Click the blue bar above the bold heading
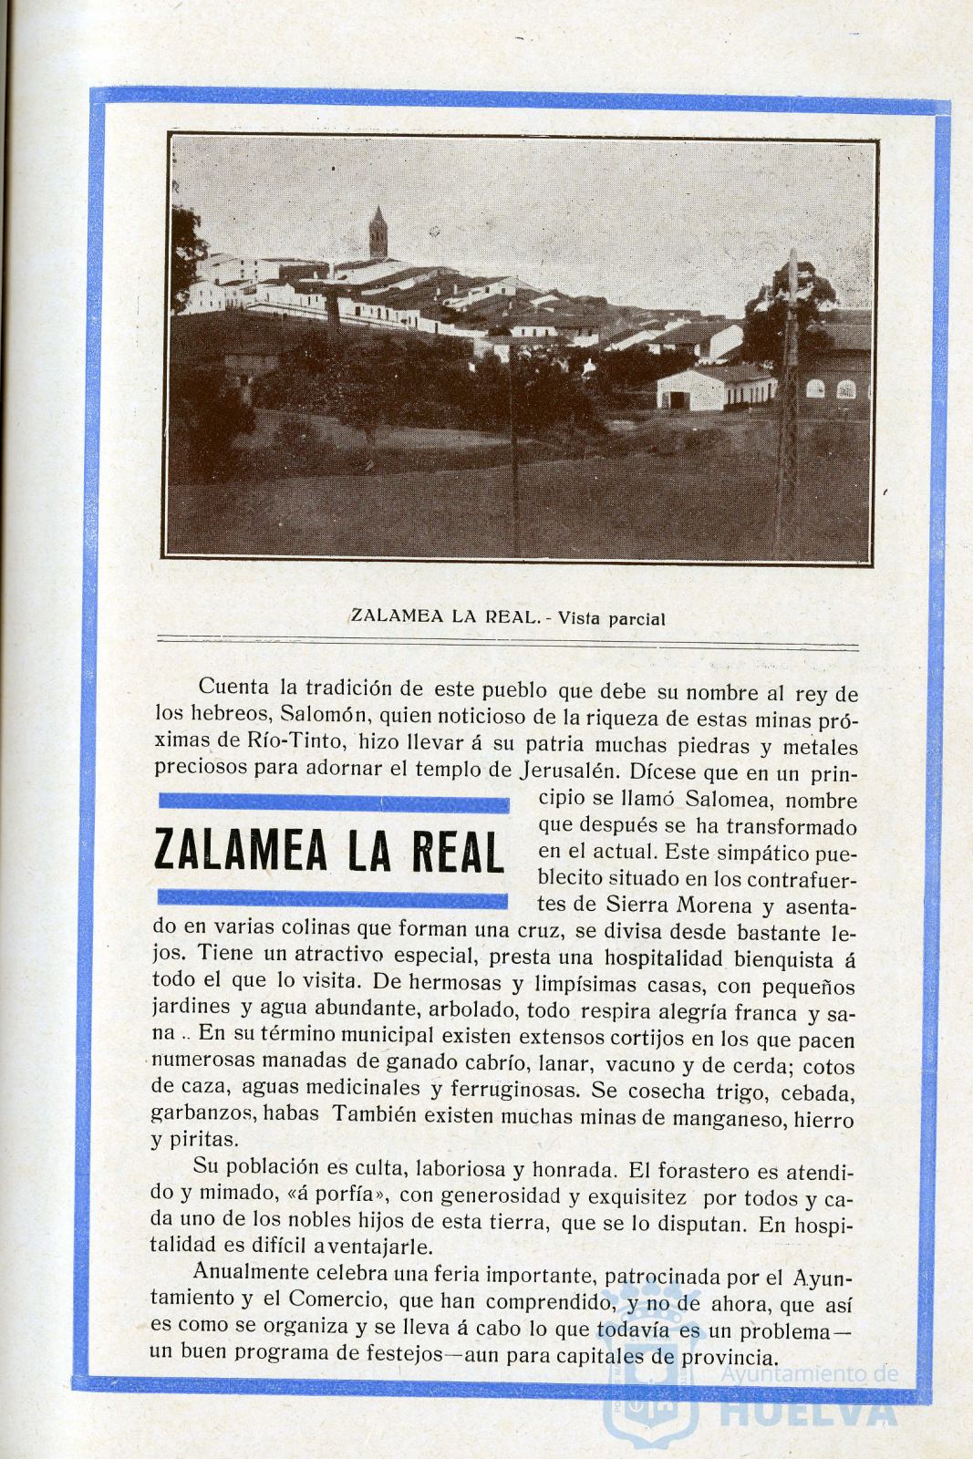(333, 802)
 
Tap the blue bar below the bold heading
(333, 900)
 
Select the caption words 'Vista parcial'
(611, 618)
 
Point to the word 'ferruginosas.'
(508, 1089)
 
